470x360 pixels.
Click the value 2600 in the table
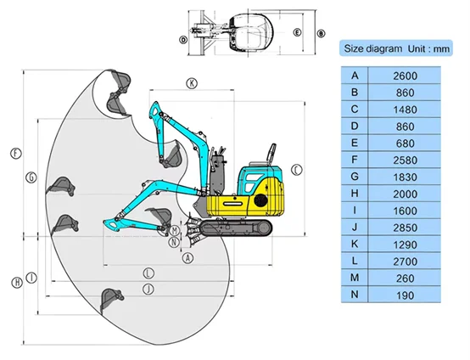point(405,76)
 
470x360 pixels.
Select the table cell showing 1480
point(405,110)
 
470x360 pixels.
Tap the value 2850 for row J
point(405,228)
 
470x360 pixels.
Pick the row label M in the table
point(355,278)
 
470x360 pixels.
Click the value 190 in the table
point(405,295)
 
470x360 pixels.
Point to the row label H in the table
point(355,194)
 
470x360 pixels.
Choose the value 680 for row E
point(405,143)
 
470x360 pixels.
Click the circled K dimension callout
point(192,83)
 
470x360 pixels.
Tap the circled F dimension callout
point(16,154)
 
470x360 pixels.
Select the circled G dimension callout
point(31,177)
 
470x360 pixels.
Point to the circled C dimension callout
point(297,170)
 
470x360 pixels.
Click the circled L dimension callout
point(148,273)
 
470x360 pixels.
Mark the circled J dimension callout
point(148,290)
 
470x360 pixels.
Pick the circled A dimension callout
point(188,258)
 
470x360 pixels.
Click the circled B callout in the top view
point(321,33)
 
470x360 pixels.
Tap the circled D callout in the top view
point(183,40)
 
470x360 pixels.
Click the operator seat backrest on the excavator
point(271,153)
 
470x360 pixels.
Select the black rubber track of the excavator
point(236,228)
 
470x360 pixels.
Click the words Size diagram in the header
point(373,48)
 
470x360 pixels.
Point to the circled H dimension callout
point(17,282)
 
